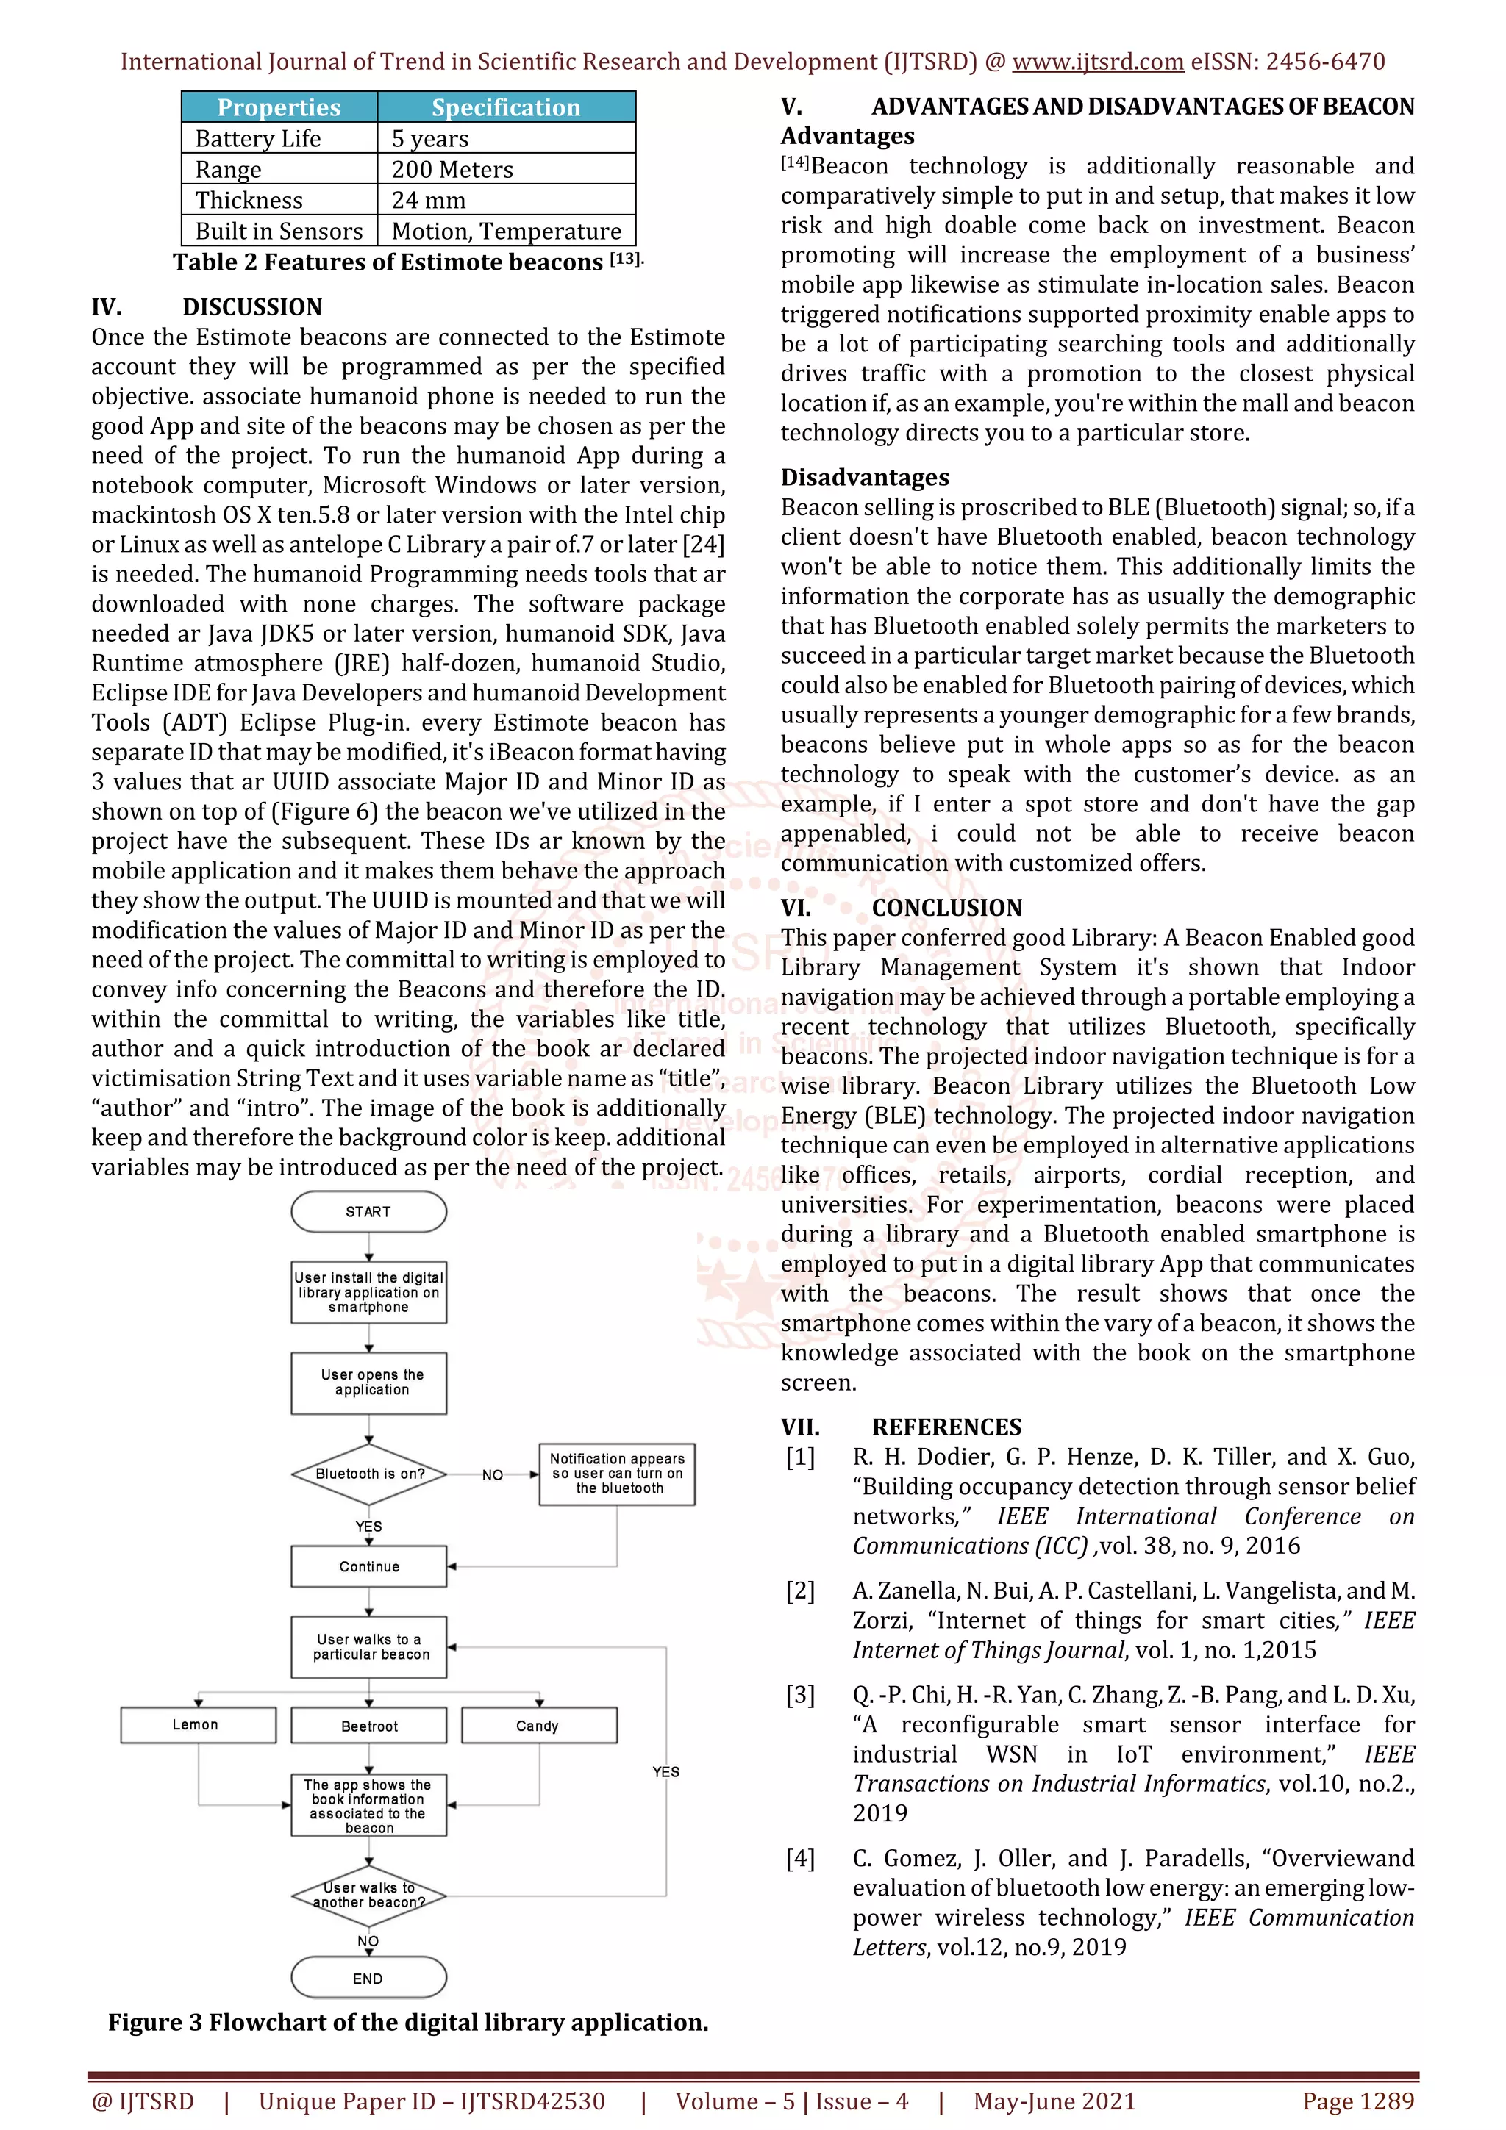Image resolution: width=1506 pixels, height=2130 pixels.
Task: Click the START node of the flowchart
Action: tap(368, 1211)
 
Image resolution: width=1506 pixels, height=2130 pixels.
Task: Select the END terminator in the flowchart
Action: tap(368, 1978)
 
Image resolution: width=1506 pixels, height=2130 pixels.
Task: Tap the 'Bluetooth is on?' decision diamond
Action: tap(369, 1473)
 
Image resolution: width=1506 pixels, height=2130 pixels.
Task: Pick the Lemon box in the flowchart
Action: tap(198, 1724)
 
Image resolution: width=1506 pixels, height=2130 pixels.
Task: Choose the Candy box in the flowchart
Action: tap(538, 1726)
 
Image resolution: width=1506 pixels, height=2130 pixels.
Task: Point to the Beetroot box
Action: tap(368, 1726)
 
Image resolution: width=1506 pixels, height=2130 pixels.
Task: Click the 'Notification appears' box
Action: tap(617, 1473)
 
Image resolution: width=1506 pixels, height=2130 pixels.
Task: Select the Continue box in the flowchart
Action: tap(368, 1566)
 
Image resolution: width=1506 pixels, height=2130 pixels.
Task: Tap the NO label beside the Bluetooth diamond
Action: tap(493, 1474)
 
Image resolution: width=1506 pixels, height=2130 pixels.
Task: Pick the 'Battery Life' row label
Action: tap(258, 139)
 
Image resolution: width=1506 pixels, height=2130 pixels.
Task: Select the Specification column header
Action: tap(506, 107)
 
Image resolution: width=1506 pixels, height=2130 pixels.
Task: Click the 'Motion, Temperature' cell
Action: tap(506, 231)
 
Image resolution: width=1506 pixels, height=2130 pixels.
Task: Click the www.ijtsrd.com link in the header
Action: tap(1097, 62)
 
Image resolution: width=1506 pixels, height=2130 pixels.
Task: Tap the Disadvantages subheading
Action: tap(864, 477)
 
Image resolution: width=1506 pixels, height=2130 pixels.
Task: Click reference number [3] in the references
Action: tap(800, 1695)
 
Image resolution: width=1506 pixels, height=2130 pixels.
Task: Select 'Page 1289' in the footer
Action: tap(1357, 2101)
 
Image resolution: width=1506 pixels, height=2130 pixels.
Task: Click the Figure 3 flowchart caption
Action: tap(408, 2023)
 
